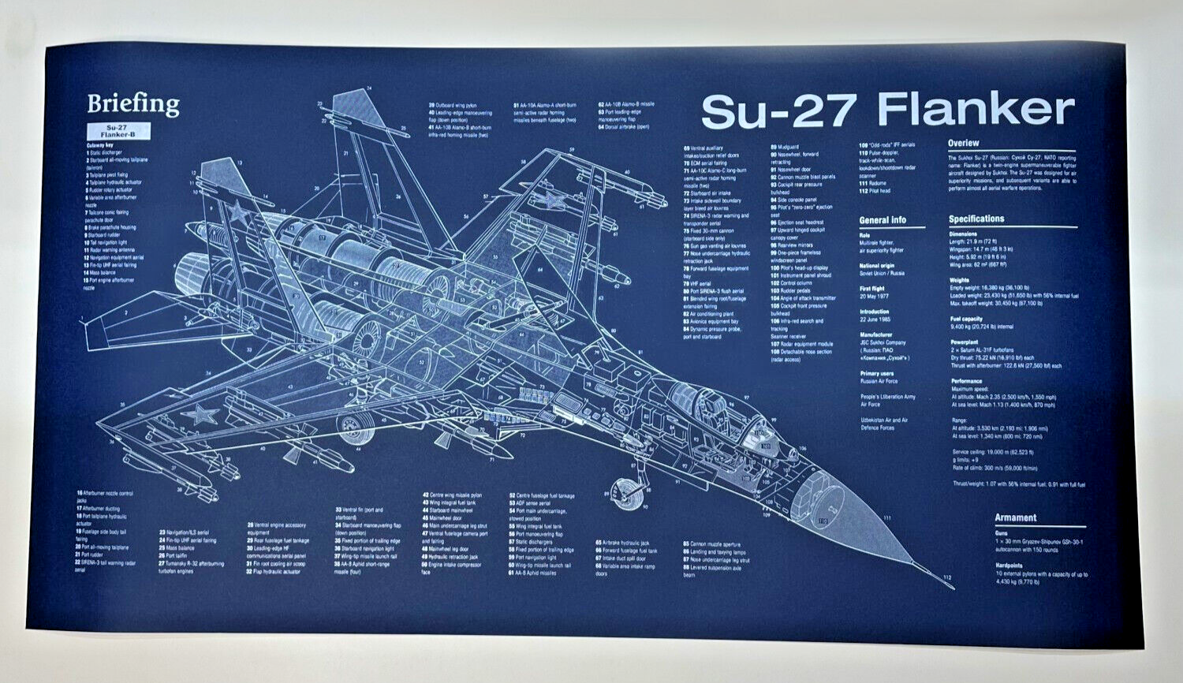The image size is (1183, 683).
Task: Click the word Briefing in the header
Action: pos(133,104)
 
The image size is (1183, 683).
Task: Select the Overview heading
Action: pos(963,144)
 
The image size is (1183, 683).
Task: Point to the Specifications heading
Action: pos(976,218)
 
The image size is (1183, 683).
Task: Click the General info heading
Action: pos(883,221)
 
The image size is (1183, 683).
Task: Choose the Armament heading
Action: pos(1015,517)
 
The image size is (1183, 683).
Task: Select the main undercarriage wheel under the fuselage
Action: pos(353,427)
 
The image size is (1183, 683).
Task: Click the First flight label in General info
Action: pos(872,289)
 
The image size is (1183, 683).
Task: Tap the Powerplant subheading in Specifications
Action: pos(964,342)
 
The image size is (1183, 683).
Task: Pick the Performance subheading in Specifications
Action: pos(966,381)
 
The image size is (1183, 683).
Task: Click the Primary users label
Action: pos(876,373)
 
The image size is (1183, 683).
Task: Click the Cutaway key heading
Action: pos(99,145)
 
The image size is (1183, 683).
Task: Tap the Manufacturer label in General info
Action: pos(875,334)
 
